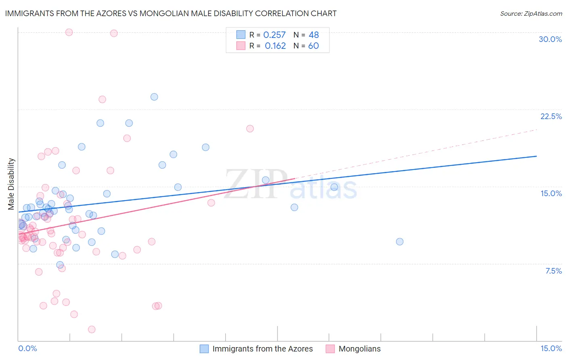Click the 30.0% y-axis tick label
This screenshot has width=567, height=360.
click(550, 39)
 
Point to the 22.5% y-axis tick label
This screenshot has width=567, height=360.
click(551, 116)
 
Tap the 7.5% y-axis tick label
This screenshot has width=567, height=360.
click(553, 271)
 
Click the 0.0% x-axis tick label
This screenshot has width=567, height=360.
click(27, 348)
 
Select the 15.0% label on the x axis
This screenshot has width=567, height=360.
click(551, 348)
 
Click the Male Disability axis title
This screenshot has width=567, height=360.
click(11, 184)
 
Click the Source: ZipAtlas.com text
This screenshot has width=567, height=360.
click(531, 13)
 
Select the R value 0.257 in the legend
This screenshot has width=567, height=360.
click(274, 35)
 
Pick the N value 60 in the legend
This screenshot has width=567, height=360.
click(313, 46)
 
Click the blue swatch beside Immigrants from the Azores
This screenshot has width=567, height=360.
click(204, 349)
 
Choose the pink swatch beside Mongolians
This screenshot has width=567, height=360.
click(330, 349)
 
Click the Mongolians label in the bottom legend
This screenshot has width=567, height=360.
click(359, 349)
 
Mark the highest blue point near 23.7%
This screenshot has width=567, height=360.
click(154, 97)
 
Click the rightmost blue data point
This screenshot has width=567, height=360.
click(400, 242)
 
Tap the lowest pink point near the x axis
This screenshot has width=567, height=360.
click(92, 329)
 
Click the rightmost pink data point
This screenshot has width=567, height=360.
click(250, 129)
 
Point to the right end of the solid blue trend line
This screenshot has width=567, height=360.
click(536, 156)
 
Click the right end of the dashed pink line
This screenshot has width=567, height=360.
click(537, 130)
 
